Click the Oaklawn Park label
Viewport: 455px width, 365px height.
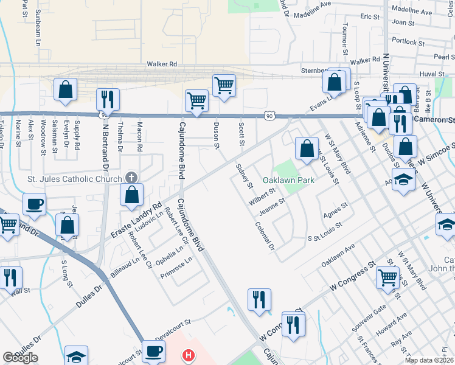coord(288,181)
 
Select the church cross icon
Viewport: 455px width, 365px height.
coord(130,178)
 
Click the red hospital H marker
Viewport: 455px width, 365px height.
coord(189,355)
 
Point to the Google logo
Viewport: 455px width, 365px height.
coord(20,358)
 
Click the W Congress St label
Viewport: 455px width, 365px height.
coord(353,277)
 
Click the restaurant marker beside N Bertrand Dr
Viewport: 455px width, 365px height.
coord(108,99)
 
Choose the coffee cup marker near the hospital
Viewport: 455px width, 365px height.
coord(153,351)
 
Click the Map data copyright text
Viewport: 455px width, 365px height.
coord(429,360)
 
